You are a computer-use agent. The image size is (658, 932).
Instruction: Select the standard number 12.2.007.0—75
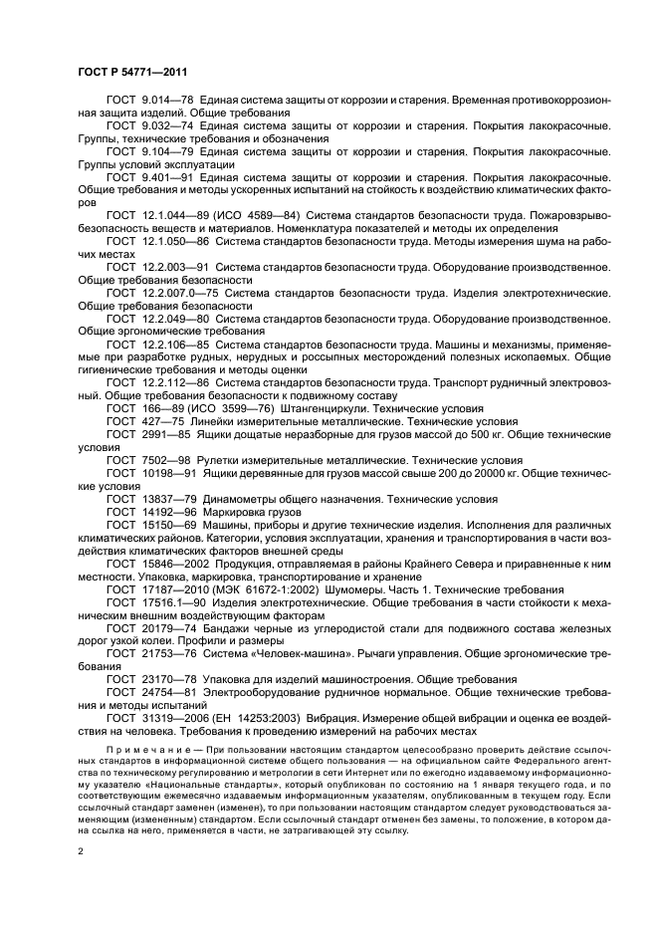click(x=180, y=294)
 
